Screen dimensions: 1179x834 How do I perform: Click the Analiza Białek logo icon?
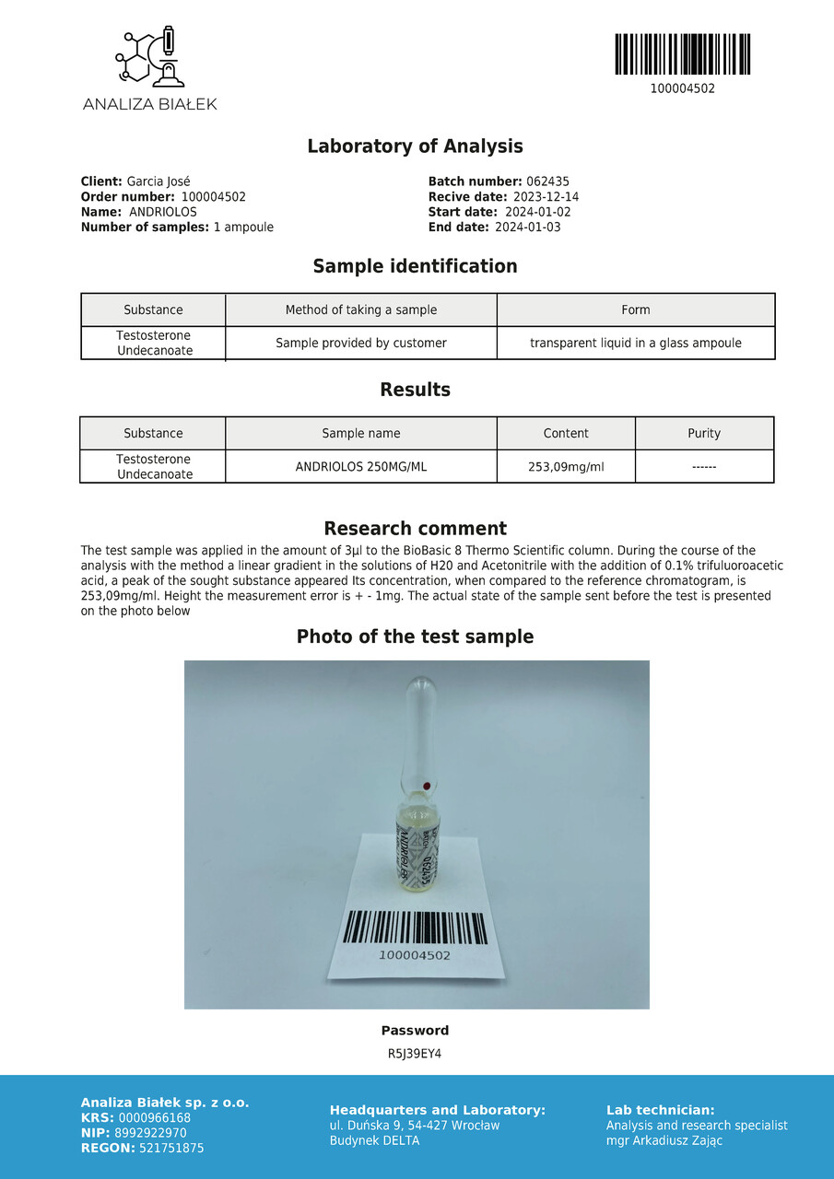coord(149,57)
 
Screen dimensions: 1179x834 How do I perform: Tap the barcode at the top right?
coord(682,54)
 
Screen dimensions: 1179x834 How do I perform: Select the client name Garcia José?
coord(159,181)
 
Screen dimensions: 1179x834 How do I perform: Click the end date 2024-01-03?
coord(527,227)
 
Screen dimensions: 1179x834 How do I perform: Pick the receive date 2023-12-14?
coord(546,197)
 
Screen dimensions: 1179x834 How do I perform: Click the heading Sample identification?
coord(415,266)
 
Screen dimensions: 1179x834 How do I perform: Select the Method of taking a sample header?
coord(361,309)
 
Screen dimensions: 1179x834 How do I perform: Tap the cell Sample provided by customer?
coord(361,343)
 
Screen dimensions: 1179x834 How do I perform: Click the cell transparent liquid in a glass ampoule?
coord(635,343)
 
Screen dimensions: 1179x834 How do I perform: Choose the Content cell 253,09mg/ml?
coord(566,466)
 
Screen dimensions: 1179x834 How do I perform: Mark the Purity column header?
coord(704,433)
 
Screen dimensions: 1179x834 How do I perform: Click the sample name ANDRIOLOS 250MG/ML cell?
coord(361,466)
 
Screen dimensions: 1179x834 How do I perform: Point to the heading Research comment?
coord(415,529)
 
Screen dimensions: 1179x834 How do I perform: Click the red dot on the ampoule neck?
coord(427,785)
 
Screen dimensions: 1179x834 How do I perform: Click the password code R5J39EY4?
coord(415,1054)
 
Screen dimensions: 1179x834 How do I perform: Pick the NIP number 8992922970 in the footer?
coord(152,1133)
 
